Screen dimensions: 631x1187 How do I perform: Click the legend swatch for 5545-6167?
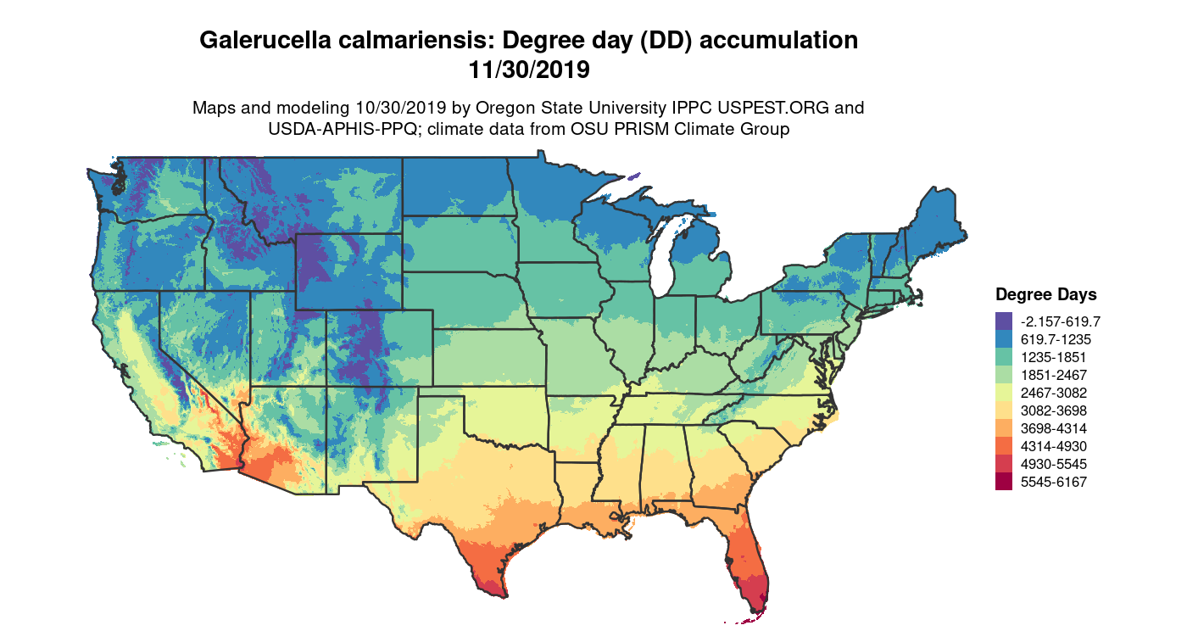pyautogui.click(x=1004, y=482)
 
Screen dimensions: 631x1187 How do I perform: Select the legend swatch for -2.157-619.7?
pyautogui.click(x=1004, y=321)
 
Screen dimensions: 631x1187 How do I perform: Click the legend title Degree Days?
pyautogui.click(x=1045, y=295)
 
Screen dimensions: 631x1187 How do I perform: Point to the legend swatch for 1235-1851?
pyautogui.click(x=1004, y=357)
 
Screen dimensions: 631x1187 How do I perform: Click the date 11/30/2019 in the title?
pyautogui.click(x=529, y=70)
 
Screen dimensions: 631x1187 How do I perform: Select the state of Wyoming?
pyautogui.click(x=348, y=271)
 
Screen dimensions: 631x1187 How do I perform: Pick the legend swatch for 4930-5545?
pyautogui.click(x=1004, y=464)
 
